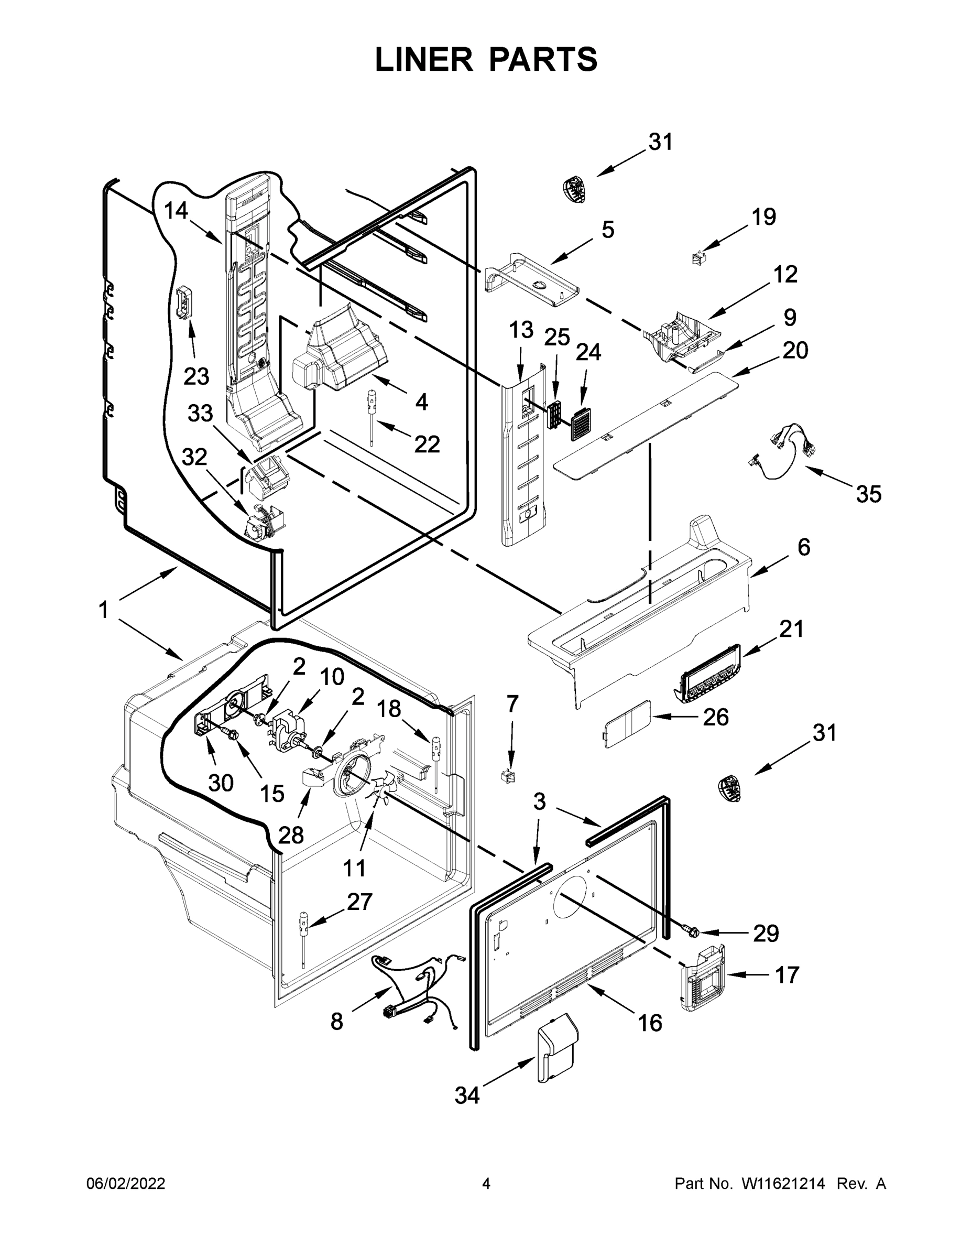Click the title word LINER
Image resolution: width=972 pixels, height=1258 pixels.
coord(423,59)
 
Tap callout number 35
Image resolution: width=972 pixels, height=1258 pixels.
coord(868,494)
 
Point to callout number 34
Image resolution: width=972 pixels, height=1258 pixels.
coord(466,1096)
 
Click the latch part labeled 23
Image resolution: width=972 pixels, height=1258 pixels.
coord(184,302)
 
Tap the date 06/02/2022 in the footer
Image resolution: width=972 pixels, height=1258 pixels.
coord(126,1184)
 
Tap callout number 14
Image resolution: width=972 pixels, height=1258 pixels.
coord(176,211)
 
